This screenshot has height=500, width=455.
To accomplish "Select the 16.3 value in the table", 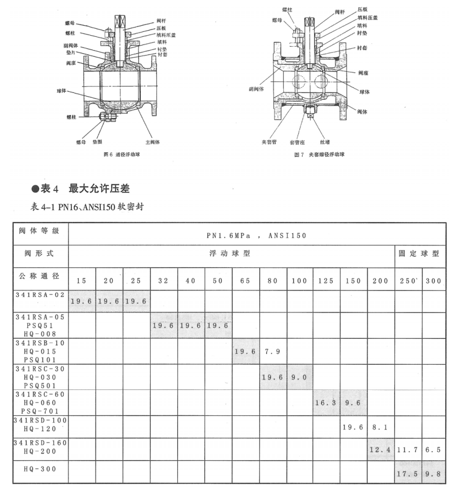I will (x=326, y=403).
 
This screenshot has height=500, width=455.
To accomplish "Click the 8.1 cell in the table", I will (x=381, y=426).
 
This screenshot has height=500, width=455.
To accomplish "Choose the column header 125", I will (x=326, y=281).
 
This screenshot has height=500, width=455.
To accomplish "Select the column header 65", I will (x=245, y=281).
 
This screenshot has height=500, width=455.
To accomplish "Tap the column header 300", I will (x=434, y=281).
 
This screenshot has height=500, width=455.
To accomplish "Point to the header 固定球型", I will (x=420, y=255).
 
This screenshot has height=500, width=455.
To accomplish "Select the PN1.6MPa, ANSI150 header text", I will (x=256, y=234).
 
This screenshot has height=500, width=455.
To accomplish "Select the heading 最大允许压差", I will (x=99, y=189).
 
